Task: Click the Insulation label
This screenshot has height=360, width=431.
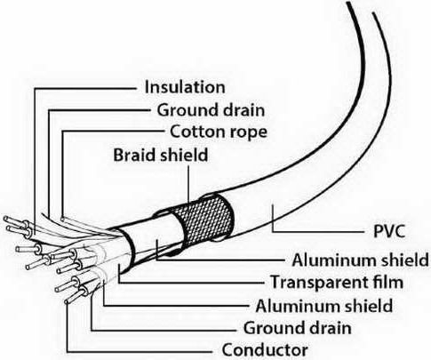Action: pyautogui.click(x=185, y=87)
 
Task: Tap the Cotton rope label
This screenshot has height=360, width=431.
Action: pyautogui.click(x=219, y=132)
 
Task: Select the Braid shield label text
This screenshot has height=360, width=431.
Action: pyautogui.click(x=161, y=155)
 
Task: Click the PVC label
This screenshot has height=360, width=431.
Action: pyautogui.click(x=389, y=231)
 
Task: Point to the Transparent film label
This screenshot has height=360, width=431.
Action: pyautogui.click(x=337, y=282)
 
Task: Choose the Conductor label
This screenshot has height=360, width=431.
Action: pyautogui.click(x=265, y=350)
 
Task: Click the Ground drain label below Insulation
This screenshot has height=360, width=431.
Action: pyautogui.click(x=211, y=110)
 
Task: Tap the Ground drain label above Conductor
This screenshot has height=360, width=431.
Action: pyautogui.click(x=297, y=328)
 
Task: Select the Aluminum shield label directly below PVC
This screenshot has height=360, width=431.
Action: pyautogui.click(x=360, y=260)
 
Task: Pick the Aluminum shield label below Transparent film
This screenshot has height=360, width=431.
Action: pyautogui.click(x=324, y=306)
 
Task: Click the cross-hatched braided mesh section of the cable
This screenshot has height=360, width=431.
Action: pyautogui.click(x=207, y=218)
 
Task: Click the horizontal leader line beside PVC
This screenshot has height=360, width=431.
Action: pyautogui.click(x=319, y=231)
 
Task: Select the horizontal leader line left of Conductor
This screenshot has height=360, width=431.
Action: pyautogui.click(x=140, y=352)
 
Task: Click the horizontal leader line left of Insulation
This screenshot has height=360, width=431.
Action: pyautogui.click(x=85, y=88)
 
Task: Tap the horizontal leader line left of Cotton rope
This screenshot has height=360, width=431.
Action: pyautogui.click(x=113, y=131)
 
